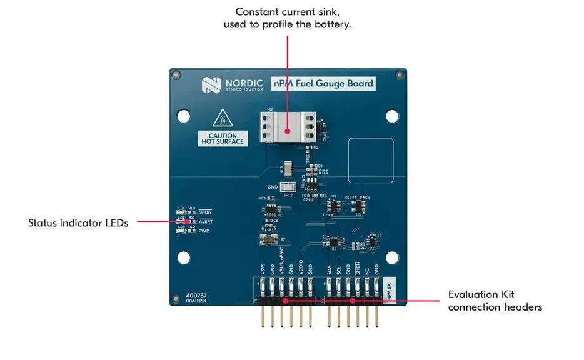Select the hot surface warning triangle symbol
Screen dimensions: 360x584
click(223, 119)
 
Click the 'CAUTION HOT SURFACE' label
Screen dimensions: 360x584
click(223, 139)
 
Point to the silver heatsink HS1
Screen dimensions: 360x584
click(287, 129)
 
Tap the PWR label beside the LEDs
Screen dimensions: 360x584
click(204, 231)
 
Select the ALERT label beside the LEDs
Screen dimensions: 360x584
click(206, 221)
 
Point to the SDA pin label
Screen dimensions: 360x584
click(330, 270)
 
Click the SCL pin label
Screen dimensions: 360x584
click(339, 270)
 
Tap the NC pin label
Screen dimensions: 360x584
click(367, 271)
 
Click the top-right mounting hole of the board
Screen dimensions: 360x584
click(391, 116)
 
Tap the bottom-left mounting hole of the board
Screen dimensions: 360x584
click(184, 257)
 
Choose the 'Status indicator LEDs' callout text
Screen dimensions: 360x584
click(78, 223)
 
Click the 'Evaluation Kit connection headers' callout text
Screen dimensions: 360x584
click(495, 301)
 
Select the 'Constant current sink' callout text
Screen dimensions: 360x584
click(288, 18)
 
